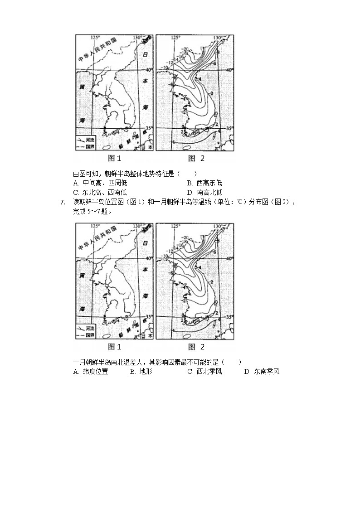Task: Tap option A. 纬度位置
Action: [90, 372]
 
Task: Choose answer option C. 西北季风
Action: [204, 372]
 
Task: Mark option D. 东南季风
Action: [262, 372]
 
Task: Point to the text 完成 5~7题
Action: [92, 212]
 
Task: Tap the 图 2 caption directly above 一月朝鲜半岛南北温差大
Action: [196, 347]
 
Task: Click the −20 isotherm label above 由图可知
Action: [185, 48]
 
